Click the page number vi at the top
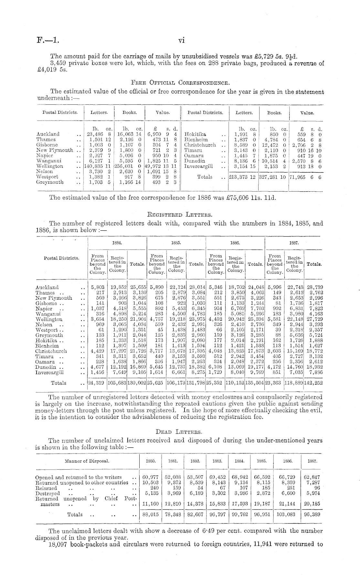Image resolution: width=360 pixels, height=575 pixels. point(181,41)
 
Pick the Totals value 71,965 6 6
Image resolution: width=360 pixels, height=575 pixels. point(305,177)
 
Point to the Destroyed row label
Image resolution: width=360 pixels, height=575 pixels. point(48,494)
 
